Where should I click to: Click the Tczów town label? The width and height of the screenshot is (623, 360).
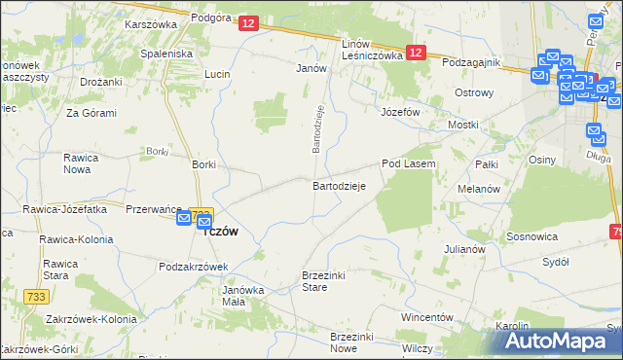(x=219, y=232)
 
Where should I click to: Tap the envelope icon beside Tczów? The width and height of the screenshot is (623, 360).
(x=185, y=219)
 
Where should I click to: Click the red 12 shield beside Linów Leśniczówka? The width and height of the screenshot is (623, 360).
(x=416, y=54)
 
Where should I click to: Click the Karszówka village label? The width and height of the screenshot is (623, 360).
(x=149, y=25)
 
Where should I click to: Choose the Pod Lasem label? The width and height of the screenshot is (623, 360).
(x=408, y=164)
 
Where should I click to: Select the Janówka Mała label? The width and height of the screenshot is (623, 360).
(x=243, y=295)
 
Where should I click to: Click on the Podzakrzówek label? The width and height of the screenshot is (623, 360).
(x=193, y=266)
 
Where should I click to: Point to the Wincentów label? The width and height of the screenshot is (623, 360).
(x=427, y=318)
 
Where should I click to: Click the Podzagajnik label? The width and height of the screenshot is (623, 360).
(x=470, y=62)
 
